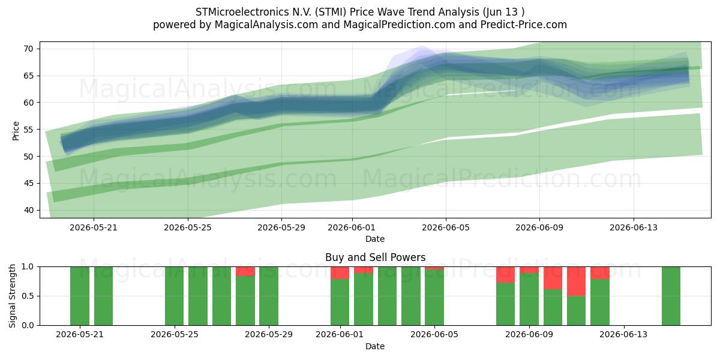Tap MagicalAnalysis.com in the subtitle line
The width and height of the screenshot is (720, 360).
(266, 25)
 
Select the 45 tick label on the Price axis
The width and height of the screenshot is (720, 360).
(28, 183)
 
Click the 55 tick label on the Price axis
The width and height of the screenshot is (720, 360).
(28, 130)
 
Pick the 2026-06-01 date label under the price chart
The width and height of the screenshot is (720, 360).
(352, 227)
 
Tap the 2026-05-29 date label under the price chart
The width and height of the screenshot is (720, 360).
(281, 227)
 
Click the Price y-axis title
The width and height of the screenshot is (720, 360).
(16, 131)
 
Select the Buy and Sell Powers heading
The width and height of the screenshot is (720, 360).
(375, 257)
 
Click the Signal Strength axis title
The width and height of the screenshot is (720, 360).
(12, 296)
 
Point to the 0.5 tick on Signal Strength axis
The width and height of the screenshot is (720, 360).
(28, 296)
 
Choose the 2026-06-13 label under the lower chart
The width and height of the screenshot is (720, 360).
(623, 335)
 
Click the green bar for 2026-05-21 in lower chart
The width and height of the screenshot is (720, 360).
(80, 296)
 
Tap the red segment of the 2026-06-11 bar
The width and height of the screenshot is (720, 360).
(576, 281)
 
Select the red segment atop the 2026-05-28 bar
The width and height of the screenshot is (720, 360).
(245, 271)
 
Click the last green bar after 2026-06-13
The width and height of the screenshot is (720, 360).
(671, 296)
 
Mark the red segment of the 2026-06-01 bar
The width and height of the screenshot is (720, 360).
(340, 273)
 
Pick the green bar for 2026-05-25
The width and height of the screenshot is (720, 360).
(174, 296)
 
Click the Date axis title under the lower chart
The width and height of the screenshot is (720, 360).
(375, 346)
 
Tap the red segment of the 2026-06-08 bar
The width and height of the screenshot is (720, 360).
(505, 275)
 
